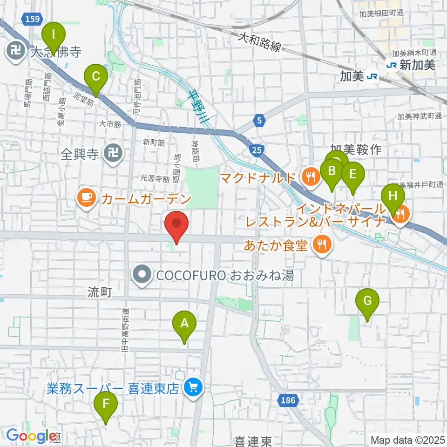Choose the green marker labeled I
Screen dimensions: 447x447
[54, 35]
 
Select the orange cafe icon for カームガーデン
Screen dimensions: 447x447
[87, 198]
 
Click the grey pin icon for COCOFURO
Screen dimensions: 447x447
[142, 276]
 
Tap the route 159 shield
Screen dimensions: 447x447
[33, 19]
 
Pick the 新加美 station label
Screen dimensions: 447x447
[417, 65]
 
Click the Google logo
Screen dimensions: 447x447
[31, 436]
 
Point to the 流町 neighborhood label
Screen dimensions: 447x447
[99, 292]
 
